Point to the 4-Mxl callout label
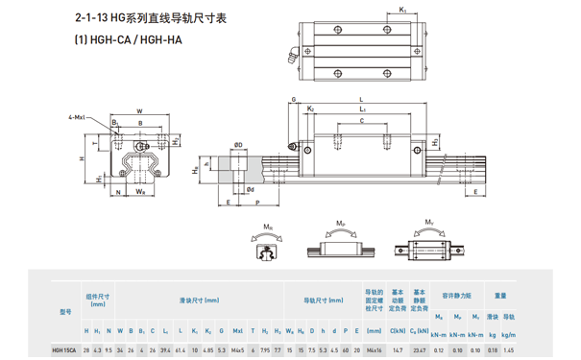[x=76, y=118]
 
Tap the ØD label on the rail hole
[x=237, y=146]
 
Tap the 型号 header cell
[x=65, y=311]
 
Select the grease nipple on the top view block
[x=290, y=57]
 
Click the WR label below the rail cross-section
[x=140, y=192]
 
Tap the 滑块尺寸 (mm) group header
[x=198, y=300]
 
